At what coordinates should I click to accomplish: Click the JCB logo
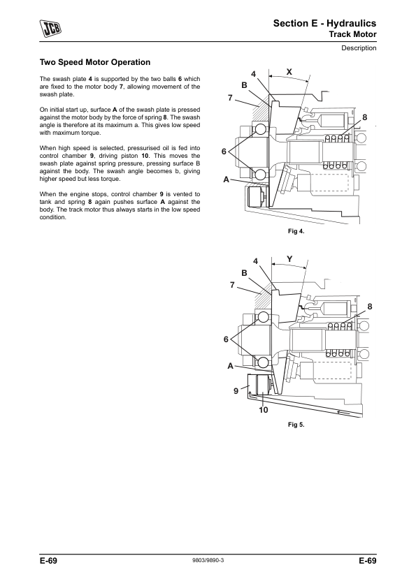[x=50, y=29]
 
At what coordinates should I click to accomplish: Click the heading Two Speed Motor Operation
[x=95, y=62]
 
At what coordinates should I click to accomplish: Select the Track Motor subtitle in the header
[x=352, y=34]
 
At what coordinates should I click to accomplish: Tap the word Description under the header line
[x=359, y=48]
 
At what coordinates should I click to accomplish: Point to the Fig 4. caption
[x=296, y=231]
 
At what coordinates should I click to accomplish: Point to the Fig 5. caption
[x=296, y=425]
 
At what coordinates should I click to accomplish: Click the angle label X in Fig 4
[x=289, y=72]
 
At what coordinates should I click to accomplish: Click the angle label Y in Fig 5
[x=289, y=259]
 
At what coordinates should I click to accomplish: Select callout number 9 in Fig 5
[x=236, y=391]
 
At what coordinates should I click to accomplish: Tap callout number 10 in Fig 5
[x=264, y=410]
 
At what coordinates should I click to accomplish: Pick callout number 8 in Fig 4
[x=364, y=118]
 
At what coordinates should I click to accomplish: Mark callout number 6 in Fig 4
[x=224, y=152]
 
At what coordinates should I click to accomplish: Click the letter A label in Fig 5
[x=231, y=366]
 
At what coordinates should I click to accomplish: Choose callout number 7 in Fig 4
[x=231, y=98]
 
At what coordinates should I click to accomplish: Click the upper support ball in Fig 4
[x=261, y=130]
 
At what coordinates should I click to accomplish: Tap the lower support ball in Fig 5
[x=262, y=362]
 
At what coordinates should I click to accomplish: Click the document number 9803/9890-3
[x=208, y=560]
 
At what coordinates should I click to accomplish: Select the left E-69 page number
[x=48, y=561]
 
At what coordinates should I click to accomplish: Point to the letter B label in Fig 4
[x=245, y=85]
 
